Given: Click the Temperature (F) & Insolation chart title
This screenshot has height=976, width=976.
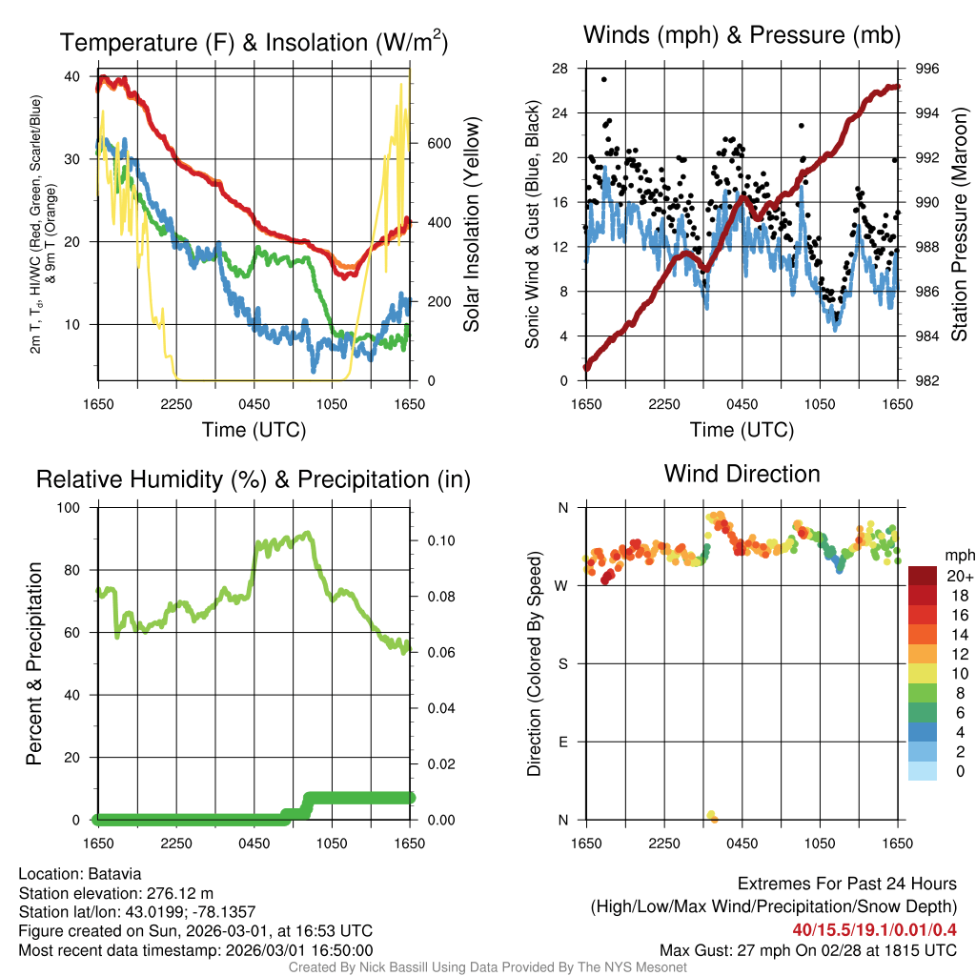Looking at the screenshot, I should [x=254, y=43].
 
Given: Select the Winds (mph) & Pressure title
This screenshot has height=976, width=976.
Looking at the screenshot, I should [x=742, y=35].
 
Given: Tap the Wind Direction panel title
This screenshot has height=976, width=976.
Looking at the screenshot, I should [x=742, y=473].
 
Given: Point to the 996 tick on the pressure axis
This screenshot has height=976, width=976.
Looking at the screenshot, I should [x=927, y=69].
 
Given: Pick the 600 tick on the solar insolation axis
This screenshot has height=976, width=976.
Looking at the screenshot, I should [x=437, y=144].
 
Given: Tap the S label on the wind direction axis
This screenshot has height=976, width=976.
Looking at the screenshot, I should [x=562, y=663].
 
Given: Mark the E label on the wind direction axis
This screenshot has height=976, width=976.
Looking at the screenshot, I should [x=562, y=742].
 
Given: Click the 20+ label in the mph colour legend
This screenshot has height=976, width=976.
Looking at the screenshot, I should [x=960, y=576].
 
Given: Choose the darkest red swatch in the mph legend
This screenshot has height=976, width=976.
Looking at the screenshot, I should [x=923, y=576].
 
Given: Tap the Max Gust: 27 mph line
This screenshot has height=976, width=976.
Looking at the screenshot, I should [x=808, y=949].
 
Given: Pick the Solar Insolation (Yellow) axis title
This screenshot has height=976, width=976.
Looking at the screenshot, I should [x=471, y=225].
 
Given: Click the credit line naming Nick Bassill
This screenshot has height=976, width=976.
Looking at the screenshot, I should [x=487, y=967].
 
